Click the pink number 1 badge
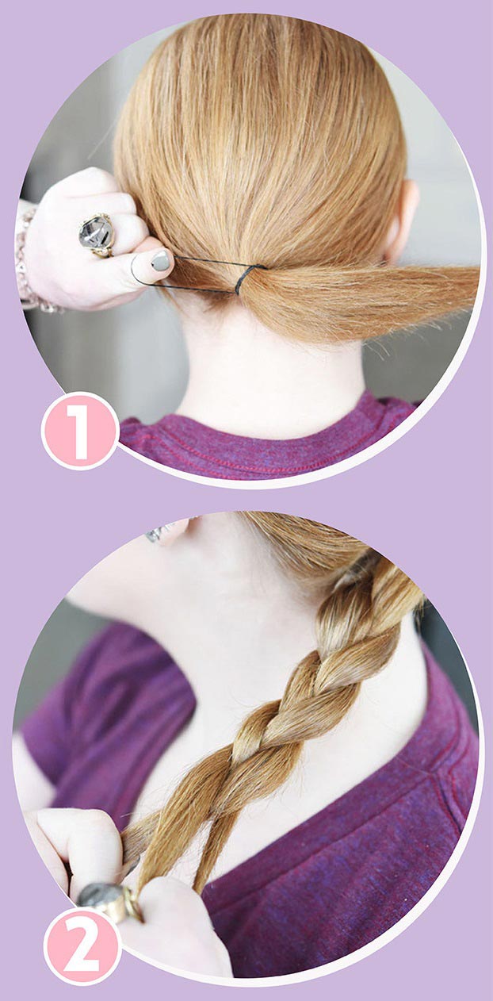click(x=80, y=431)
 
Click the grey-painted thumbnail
click(x=160, y=260)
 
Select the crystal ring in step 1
click(x=97, y=235)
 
